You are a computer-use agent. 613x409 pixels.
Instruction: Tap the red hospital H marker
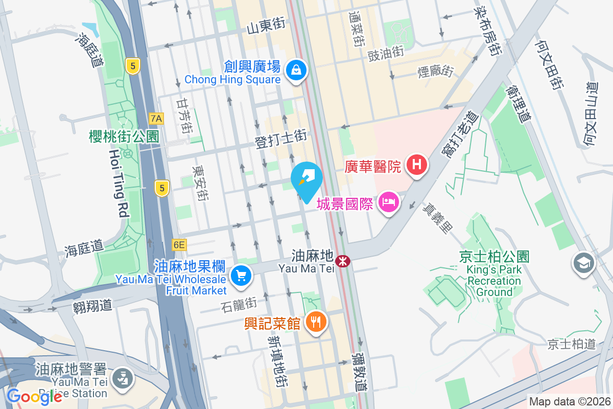click(x=417, y=165)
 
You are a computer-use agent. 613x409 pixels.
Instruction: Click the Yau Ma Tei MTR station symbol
click(x=342, y=261)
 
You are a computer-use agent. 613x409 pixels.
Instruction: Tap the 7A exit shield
click(x=156, y=119)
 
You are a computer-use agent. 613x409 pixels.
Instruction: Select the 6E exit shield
click(x=179, y=245)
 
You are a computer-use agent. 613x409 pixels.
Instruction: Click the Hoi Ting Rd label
click(x=118, y=183)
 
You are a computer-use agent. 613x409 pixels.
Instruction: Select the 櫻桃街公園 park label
click(x=124, y=136)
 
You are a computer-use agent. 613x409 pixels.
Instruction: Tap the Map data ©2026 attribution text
click(x=569, y=402)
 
